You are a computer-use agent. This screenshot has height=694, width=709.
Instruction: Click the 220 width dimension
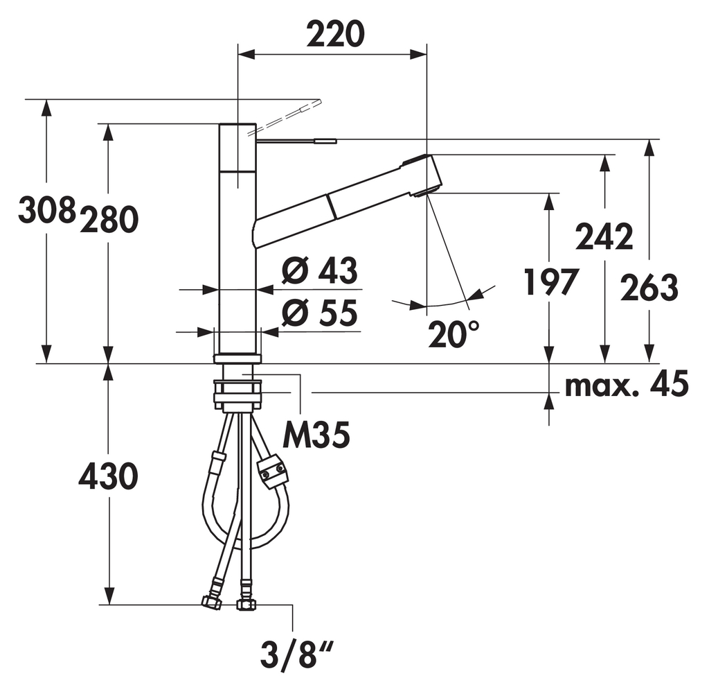pyautogui.click(x=336, y=34)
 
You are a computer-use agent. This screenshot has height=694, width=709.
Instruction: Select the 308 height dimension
pyautogui.click(x=46, y=209)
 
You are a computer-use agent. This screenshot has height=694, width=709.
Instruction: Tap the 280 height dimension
pyautogui.click(x=109, y=220)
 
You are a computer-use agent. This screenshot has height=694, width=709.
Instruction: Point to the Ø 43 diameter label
pyautogui.click(x=320, y=270)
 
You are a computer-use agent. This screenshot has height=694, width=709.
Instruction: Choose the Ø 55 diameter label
pyautogui.click(x=320, y=313)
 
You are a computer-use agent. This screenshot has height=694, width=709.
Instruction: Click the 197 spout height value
pyautogui.click(x=550, y=281)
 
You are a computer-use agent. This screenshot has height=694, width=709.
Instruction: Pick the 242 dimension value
pyautogui.click(x=604, y=236)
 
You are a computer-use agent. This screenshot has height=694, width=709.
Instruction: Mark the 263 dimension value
pyautogui.click(x=649, y=288)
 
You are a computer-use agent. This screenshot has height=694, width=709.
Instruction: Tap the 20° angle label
pyautogui.click(x=454, y=334)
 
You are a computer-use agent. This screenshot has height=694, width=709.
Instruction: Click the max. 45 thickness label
pyautogui.click(x=627, y=384)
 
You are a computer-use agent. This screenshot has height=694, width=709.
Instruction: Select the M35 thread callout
pyautogui.click(x=316, y=435)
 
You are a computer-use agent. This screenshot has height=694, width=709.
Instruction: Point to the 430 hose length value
pyautogui.click(x=109, y=476)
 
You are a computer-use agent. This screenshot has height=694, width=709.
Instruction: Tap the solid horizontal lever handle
pyautogui.click(x=296, y=141)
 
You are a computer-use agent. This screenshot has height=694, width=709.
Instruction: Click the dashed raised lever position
pyautogui.click(x=284, y=116)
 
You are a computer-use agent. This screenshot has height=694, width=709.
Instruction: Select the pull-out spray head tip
pyautogui.click(x=424, y=175)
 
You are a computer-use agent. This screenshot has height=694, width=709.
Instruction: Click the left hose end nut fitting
pyautogui.click(x=212, y=602)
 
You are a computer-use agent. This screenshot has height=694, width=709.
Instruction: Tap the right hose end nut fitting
pyautogui.click(x=246, y=604)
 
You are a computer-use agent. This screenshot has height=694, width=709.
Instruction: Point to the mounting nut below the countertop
pyautogui.click(x=238, y=392)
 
